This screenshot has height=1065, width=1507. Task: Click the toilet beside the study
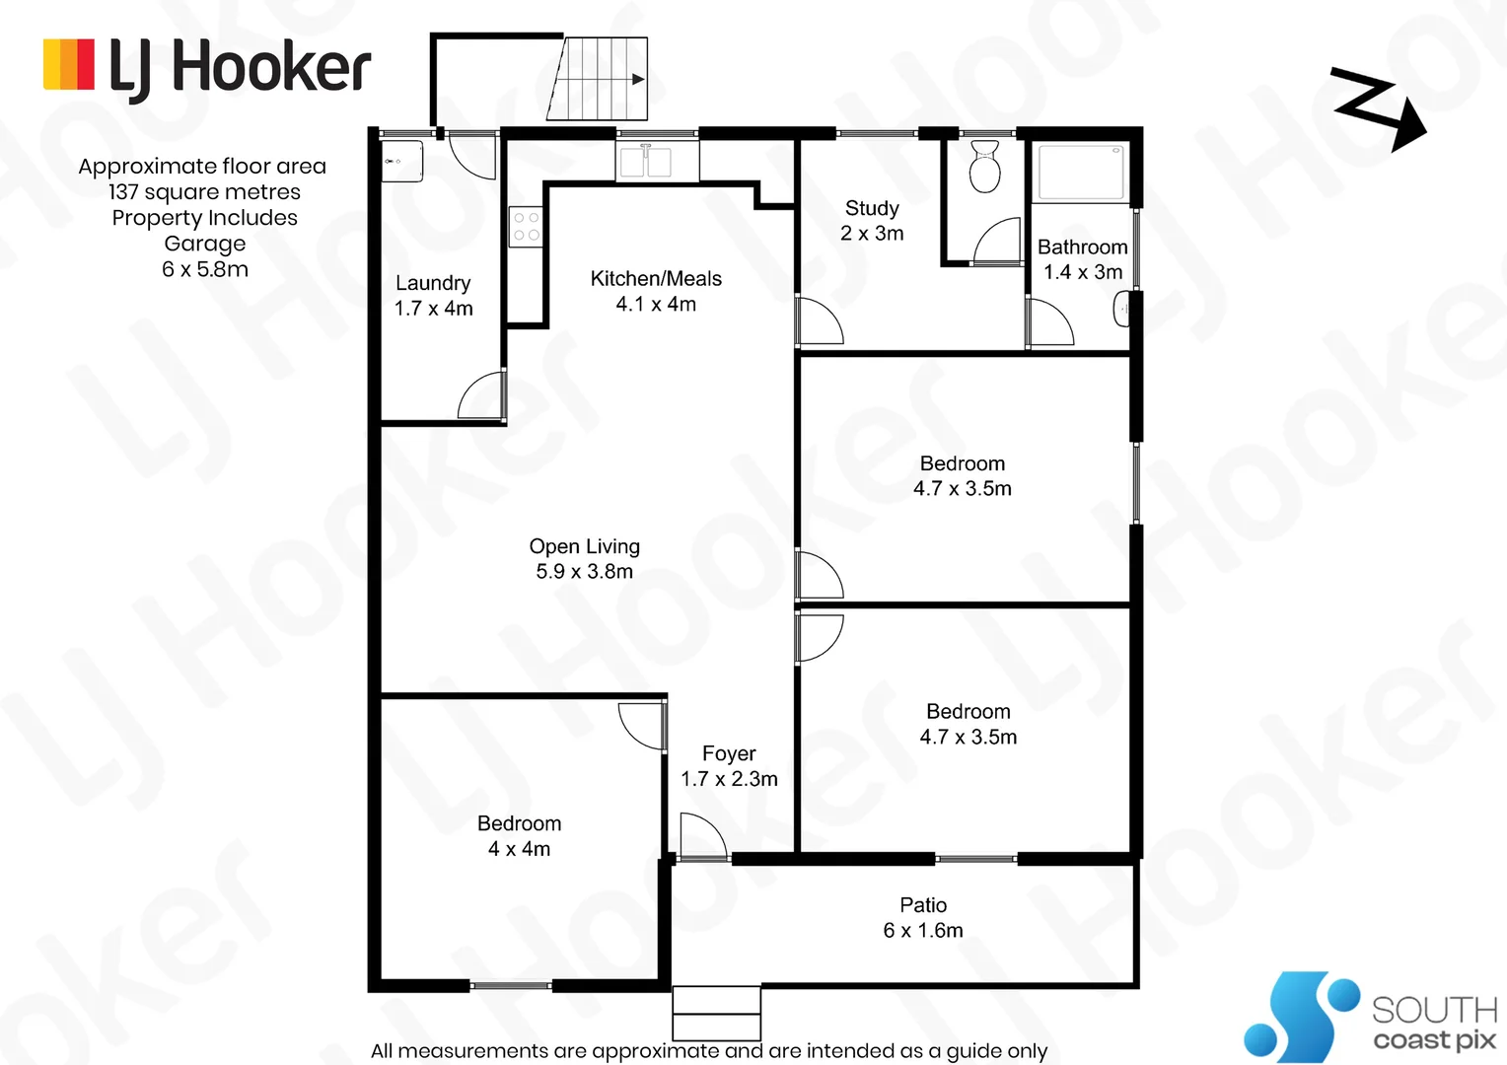984,167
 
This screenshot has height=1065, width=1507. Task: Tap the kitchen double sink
645,162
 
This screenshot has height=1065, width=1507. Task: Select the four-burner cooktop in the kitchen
526,227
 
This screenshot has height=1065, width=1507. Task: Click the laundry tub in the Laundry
402,161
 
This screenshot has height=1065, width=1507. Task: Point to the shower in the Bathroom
1082,173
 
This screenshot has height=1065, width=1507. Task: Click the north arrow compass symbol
1378,108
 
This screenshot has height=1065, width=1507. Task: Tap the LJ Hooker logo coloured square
69,65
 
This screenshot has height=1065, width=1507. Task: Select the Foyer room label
729,754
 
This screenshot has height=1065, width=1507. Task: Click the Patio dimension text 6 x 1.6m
923,931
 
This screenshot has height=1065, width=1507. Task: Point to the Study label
872,208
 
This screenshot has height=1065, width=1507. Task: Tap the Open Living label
584,546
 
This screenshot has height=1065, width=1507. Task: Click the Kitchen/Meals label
656,279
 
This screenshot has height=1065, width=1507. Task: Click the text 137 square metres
204,192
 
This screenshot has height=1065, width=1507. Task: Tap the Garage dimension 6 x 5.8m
205,269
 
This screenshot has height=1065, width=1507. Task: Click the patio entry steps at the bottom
716,1012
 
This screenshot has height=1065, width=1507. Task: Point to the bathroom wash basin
1121,310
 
